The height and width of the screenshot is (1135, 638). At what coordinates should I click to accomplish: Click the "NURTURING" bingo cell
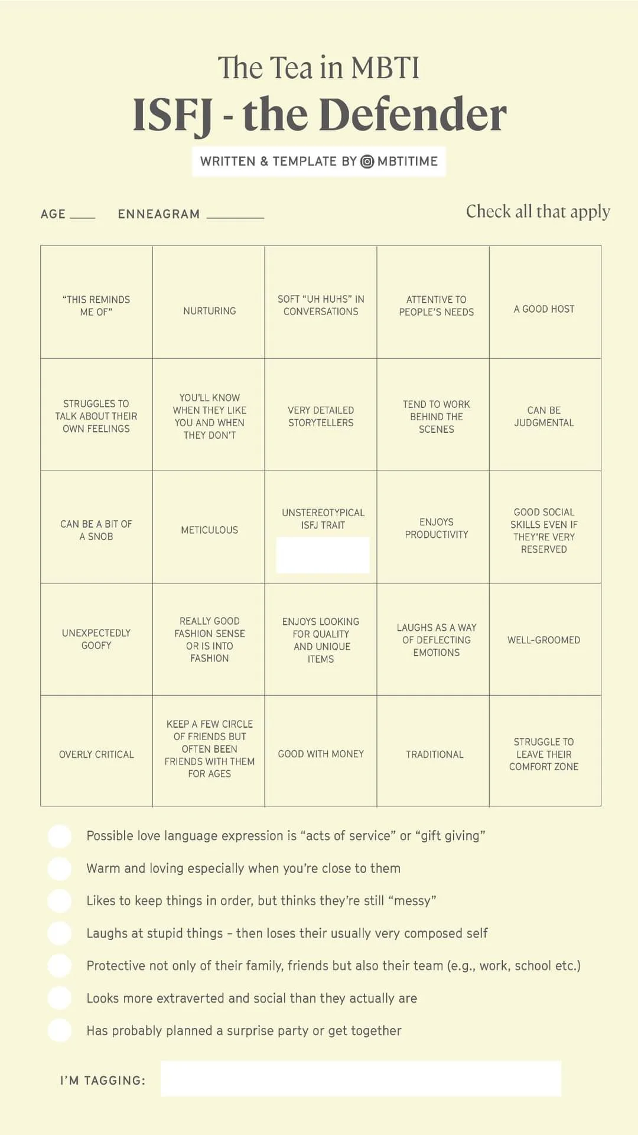209,310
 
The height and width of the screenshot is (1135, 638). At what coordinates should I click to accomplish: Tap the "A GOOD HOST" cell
544,309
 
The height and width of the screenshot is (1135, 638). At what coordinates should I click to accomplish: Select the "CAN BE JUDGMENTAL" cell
544,416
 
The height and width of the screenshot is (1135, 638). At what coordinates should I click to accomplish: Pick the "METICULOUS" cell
209,530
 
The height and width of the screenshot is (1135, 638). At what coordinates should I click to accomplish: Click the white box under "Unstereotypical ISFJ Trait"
323,554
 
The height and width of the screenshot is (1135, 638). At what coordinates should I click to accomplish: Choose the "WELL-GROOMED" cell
544,640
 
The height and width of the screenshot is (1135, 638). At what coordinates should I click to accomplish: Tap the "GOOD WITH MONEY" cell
321,754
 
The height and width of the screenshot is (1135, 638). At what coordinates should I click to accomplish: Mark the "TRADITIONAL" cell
435,754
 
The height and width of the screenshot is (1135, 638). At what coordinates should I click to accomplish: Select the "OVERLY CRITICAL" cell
96,754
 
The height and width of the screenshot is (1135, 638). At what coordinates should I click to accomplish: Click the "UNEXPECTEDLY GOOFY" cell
96,639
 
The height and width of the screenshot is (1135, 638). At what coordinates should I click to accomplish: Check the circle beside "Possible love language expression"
60,836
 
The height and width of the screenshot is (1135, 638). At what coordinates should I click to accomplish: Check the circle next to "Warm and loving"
60,868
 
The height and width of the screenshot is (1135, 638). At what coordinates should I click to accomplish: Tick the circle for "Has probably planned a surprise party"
60,1030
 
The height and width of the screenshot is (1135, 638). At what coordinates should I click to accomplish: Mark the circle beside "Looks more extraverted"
60,998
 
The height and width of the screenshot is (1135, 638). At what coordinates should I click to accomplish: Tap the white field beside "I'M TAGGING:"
360,1079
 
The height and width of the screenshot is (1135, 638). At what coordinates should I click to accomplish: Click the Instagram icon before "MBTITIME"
367,161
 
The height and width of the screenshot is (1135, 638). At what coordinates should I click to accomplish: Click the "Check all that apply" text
538,212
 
